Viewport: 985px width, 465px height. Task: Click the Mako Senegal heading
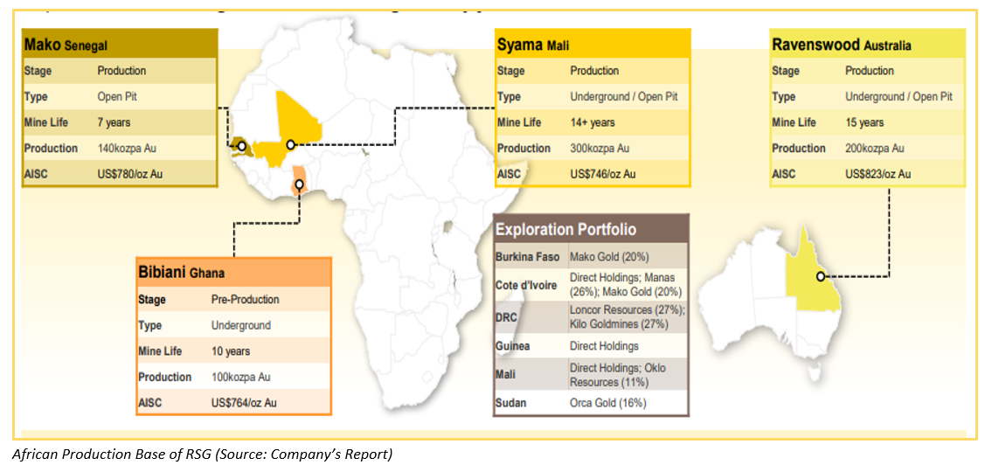point(66,45)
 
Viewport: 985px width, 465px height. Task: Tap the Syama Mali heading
point(532,45)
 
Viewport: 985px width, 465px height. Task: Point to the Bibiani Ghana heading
point(181,273)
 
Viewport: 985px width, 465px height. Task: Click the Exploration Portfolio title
point(566,229)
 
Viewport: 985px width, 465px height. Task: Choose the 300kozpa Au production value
point(600,149)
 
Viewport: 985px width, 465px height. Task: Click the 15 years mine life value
point(864,122)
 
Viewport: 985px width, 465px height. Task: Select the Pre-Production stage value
point(245,300)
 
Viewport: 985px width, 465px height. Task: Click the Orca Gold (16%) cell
point(607,404)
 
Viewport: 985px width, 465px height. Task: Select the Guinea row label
point(512,346)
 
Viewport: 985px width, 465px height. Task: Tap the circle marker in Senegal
point(241,146)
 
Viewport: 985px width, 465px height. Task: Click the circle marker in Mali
point(290,144)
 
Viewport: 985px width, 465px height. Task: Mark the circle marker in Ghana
point(300,184)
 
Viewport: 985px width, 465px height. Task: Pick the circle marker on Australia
point(821,276)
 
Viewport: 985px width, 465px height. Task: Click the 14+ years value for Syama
point(593,122)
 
